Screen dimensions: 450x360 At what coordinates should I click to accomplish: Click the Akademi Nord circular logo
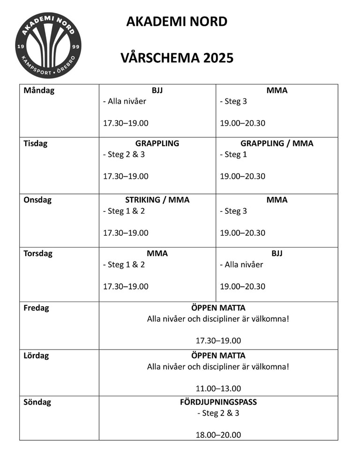coord(48,45)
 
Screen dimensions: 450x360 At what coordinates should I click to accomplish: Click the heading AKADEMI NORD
coord(177,22)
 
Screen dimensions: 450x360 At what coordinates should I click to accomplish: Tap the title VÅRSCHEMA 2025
coord(177,58)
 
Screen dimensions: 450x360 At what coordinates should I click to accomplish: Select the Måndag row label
coord(39,90)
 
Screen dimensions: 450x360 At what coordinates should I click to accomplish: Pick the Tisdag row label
coord(36,143)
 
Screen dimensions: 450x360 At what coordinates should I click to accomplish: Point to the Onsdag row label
coord(37,200)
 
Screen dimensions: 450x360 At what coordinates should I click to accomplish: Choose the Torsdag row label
coord(38,254)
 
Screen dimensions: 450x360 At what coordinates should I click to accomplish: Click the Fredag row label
coord(36,308)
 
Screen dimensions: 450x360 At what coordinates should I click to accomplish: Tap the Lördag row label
coord(36,355)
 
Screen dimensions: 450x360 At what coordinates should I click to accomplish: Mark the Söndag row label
coord(37,402)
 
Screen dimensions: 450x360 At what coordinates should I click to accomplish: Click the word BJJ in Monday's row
coord(157,90)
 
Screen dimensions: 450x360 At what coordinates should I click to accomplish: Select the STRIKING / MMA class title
coord(157,200)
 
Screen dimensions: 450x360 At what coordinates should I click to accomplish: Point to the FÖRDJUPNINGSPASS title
coord(218,402)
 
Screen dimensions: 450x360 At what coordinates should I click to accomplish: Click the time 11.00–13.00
coord(218,388)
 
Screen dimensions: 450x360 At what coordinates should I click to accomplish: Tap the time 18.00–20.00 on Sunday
coord(218,435)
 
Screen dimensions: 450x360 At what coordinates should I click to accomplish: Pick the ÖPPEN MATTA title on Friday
coord(218,308)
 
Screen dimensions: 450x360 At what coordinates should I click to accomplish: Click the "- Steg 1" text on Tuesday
coord(233,155)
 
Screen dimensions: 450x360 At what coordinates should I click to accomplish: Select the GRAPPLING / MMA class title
coord(277,143)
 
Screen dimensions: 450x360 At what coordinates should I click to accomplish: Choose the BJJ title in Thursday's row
coord(277,254)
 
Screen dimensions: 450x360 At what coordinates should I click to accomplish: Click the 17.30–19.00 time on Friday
coord(218,340)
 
